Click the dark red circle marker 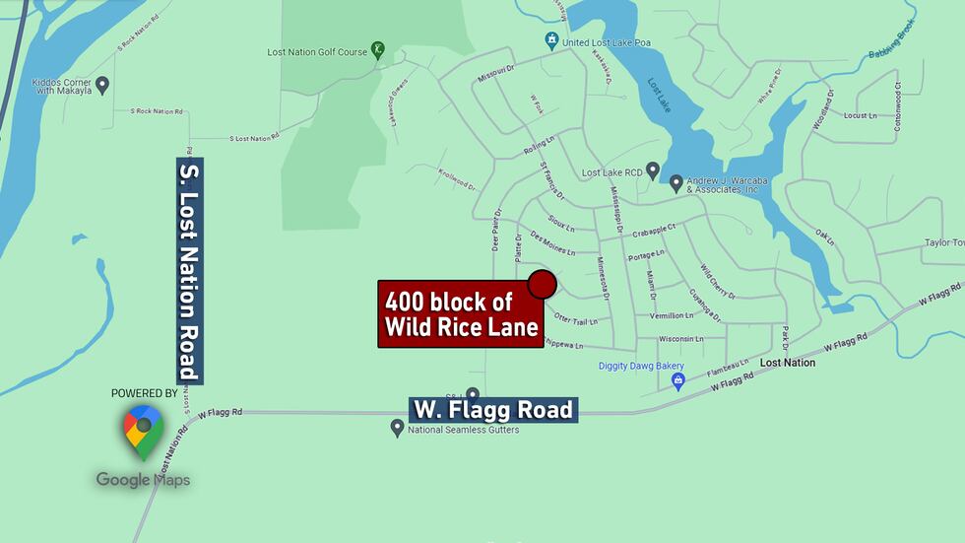coord(542,285)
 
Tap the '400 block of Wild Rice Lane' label coord(461,314)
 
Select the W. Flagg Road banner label coord(492,409)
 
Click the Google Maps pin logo coord(143,432)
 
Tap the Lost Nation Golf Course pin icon coord(377,51)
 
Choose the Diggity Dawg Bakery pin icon coord(677,381)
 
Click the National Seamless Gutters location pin coord(397,428)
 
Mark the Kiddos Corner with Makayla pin coord(101,85)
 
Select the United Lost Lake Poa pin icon coord(551,41)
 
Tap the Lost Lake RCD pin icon coord(652,170)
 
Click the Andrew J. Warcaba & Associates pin coord(675,182)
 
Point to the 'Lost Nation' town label coord(788,363)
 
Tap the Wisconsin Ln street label coord(680,339)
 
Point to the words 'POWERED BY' coord(144,393)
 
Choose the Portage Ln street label coord(647,256)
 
